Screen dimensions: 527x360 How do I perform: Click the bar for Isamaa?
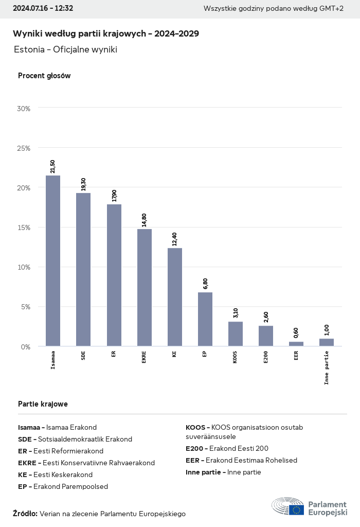pos(53,261)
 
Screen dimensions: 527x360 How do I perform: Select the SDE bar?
pos(83,270)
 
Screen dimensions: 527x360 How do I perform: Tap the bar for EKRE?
pos(144,288)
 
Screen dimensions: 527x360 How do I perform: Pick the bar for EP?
pos(205,319)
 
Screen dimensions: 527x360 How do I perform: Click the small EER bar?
pos(296,344)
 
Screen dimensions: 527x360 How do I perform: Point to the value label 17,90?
pos(114,196)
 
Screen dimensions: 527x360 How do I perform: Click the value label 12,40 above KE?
pos(175,240)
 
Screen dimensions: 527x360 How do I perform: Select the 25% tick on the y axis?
pos(24,148)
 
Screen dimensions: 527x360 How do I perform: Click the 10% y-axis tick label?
pos(24,267)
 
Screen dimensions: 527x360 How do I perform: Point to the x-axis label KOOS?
pos(235,358)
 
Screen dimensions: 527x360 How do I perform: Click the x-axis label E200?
pos(265,358)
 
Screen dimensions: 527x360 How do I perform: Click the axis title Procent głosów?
pos(44,76)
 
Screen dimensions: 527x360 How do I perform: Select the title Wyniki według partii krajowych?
pos(106,33)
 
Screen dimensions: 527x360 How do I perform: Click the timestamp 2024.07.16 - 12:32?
pos(43,8)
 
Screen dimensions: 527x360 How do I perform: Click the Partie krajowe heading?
pos(43,404)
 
